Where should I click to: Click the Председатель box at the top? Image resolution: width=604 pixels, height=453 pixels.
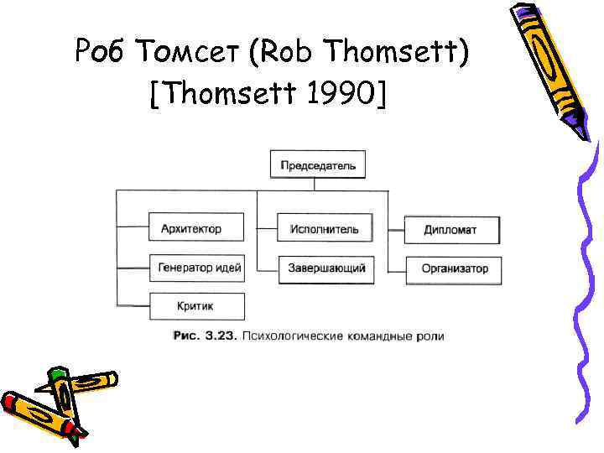[x=318, y=164]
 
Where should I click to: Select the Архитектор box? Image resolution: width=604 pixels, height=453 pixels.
[x=197, y=227]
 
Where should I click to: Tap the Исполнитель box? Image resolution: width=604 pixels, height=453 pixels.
[x=324, y=228]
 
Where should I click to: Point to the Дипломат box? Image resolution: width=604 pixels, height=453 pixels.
[x=451, y=229]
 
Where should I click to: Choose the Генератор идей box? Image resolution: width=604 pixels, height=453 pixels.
[x=198, y=268]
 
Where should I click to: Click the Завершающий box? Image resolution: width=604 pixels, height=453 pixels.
[x=326, y=268]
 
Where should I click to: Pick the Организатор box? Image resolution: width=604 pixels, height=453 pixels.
[x=454, y=269]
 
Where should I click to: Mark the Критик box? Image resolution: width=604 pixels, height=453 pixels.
[x=197, y=307]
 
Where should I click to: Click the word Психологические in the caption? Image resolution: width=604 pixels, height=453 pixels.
[x=290, y=336]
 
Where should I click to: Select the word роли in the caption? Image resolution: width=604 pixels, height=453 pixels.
[x=429, y=336]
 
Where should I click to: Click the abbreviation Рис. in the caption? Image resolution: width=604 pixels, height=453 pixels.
[x=185, y=336]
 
